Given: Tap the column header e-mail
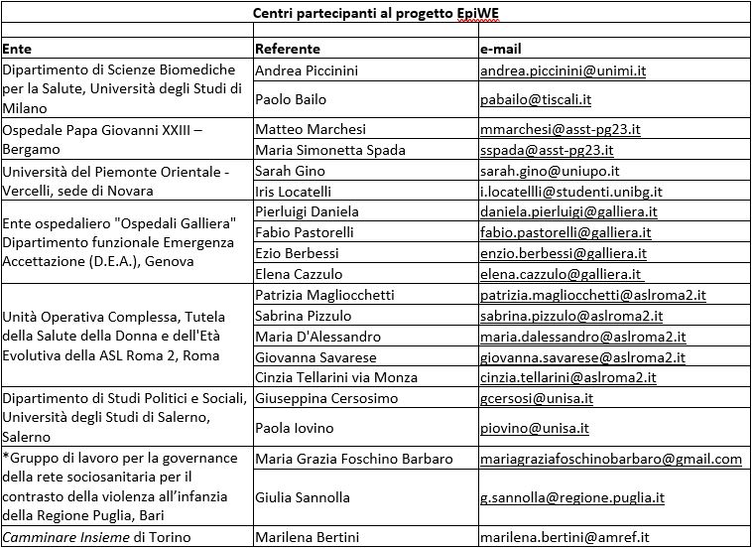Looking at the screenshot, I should pos(501,49).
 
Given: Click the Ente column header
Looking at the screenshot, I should pos(17,49).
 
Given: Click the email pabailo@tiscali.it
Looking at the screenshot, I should pos(536,99).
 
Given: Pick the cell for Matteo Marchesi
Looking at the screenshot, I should pos(311,129).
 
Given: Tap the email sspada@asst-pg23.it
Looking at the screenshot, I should pos(547,150).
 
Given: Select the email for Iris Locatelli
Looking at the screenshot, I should pos(570,191).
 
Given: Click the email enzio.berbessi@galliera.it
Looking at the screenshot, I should pos(564,253).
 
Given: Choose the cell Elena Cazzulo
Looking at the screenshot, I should pos(299,274).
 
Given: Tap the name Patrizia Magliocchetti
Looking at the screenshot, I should pos(324,295).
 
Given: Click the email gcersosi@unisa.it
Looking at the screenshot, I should pos(537,398).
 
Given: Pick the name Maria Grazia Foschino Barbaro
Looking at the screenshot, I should pos(353,459).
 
